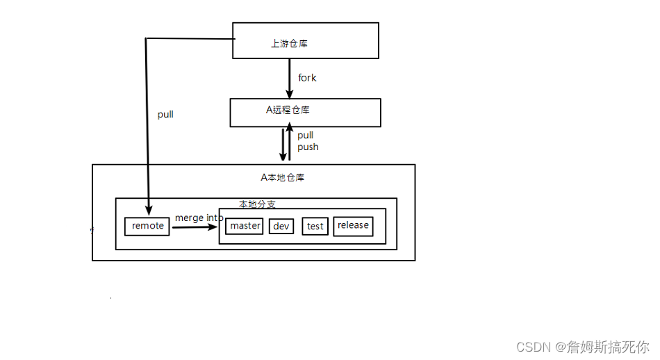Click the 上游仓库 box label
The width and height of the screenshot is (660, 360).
(x=289, y=44)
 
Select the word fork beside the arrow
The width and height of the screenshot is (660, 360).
(x=307, y=78)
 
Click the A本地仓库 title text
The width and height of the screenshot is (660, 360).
(x=277, y=177)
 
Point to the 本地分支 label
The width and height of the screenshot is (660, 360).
(x=256, y=204)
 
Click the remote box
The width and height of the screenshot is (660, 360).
(x=147, y=226)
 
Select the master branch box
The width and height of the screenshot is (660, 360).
(x=245, y=226)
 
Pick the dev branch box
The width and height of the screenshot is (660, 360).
(x=281, y=226)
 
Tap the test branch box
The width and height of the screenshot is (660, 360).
(x=315, y=226)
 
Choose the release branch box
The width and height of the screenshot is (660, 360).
(x=353, y=225)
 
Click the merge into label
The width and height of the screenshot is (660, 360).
(x=199, y=218)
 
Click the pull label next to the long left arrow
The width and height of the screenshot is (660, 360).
(x=165, y=115)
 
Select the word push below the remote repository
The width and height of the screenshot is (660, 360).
(x=308, y=147)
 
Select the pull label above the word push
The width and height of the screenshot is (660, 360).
(x=306, y=136)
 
